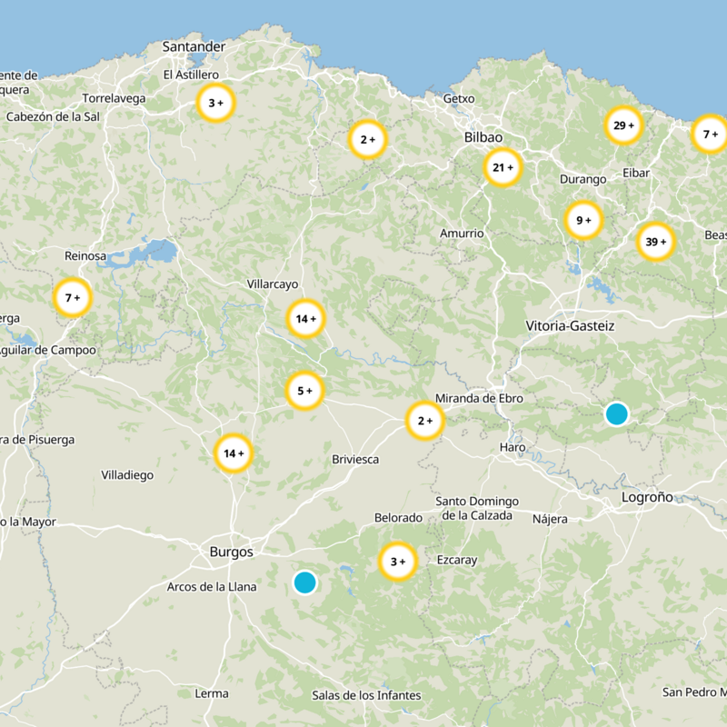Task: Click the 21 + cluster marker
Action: (x=503, y=167)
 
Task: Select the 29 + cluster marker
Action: (x=624, y=125)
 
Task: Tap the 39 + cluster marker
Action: (x=655, y=242)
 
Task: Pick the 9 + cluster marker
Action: (x=583, y=220)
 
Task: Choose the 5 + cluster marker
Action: (x=304, y=391)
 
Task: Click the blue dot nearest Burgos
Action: (x=305, y=582)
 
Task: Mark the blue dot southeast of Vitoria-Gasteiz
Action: (x=616, y=413)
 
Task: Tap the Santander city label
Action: (x=194, y=46)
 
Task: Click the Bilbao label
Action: (x=483, y=136)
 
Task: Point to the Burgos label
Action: (x=231, y=551)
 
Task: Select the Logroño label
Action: (x=647, y=497)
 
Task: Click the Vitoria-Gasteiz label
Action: (x=570, y=325)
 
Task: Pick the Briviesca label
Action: (x=355, y=459)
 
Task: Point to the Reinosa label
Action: (x=85, y=256)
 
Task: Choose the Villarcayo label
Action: (x=273, y=284)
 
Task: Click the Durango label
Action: (x=583, y=179)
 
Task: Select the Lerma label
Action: (x=212, y=693)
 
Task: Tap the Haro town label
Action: (x=513, y=448)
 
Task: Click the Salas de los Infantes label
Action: (x=366, y=695)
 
